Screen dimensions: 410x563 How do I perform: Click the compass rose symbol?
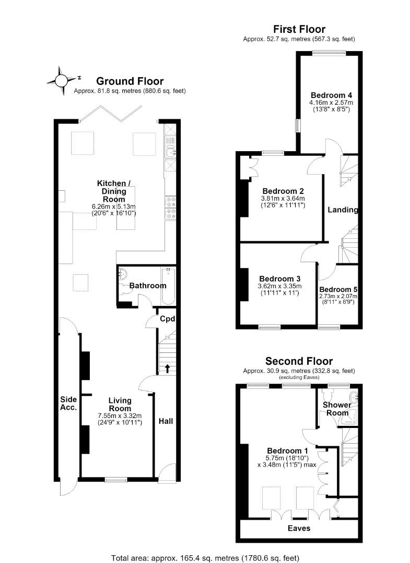click(61, 80)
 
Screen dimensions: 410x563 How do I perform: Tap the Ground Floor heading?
click(130, 81)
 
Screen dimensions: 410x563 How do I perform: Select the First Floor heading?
click(299, 29)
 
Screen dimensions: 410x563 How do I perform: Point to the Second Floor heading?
click(299, 361)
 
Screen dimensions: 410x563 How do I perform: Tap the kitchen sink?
click(170, 153)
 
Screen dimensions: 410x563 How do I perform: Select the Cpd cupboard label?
click(168, 319)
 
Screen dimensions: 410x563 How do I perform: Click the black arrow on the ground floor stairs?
click(167, 369)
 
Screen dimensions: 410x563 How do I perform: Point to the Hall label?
click(166, 421)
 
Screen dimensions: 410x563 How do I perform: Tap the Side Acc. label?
click(68, 403)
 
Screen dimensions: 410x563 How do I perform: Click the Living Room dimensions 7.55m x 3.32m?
click(120, 416)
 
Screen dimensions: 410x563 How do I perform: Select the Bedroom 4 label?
click(331, 95)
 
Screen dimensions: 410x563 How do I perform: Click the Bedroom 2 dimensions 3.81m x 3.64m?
click(283, 199)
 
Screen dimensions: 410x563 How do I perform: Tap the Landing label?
click(343, 210)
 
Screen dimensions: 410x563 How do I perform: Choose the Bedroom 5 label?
click(338, 289)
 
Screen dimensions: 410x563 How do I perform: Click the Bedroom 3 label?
click(280, 279)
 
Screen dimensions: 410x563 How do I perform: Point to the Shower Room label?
click(337, 409)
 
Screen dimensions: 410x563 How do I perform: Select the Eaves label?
click(299, 528)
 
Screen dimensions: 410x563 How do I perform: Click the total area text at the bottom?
click(205, 558)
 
